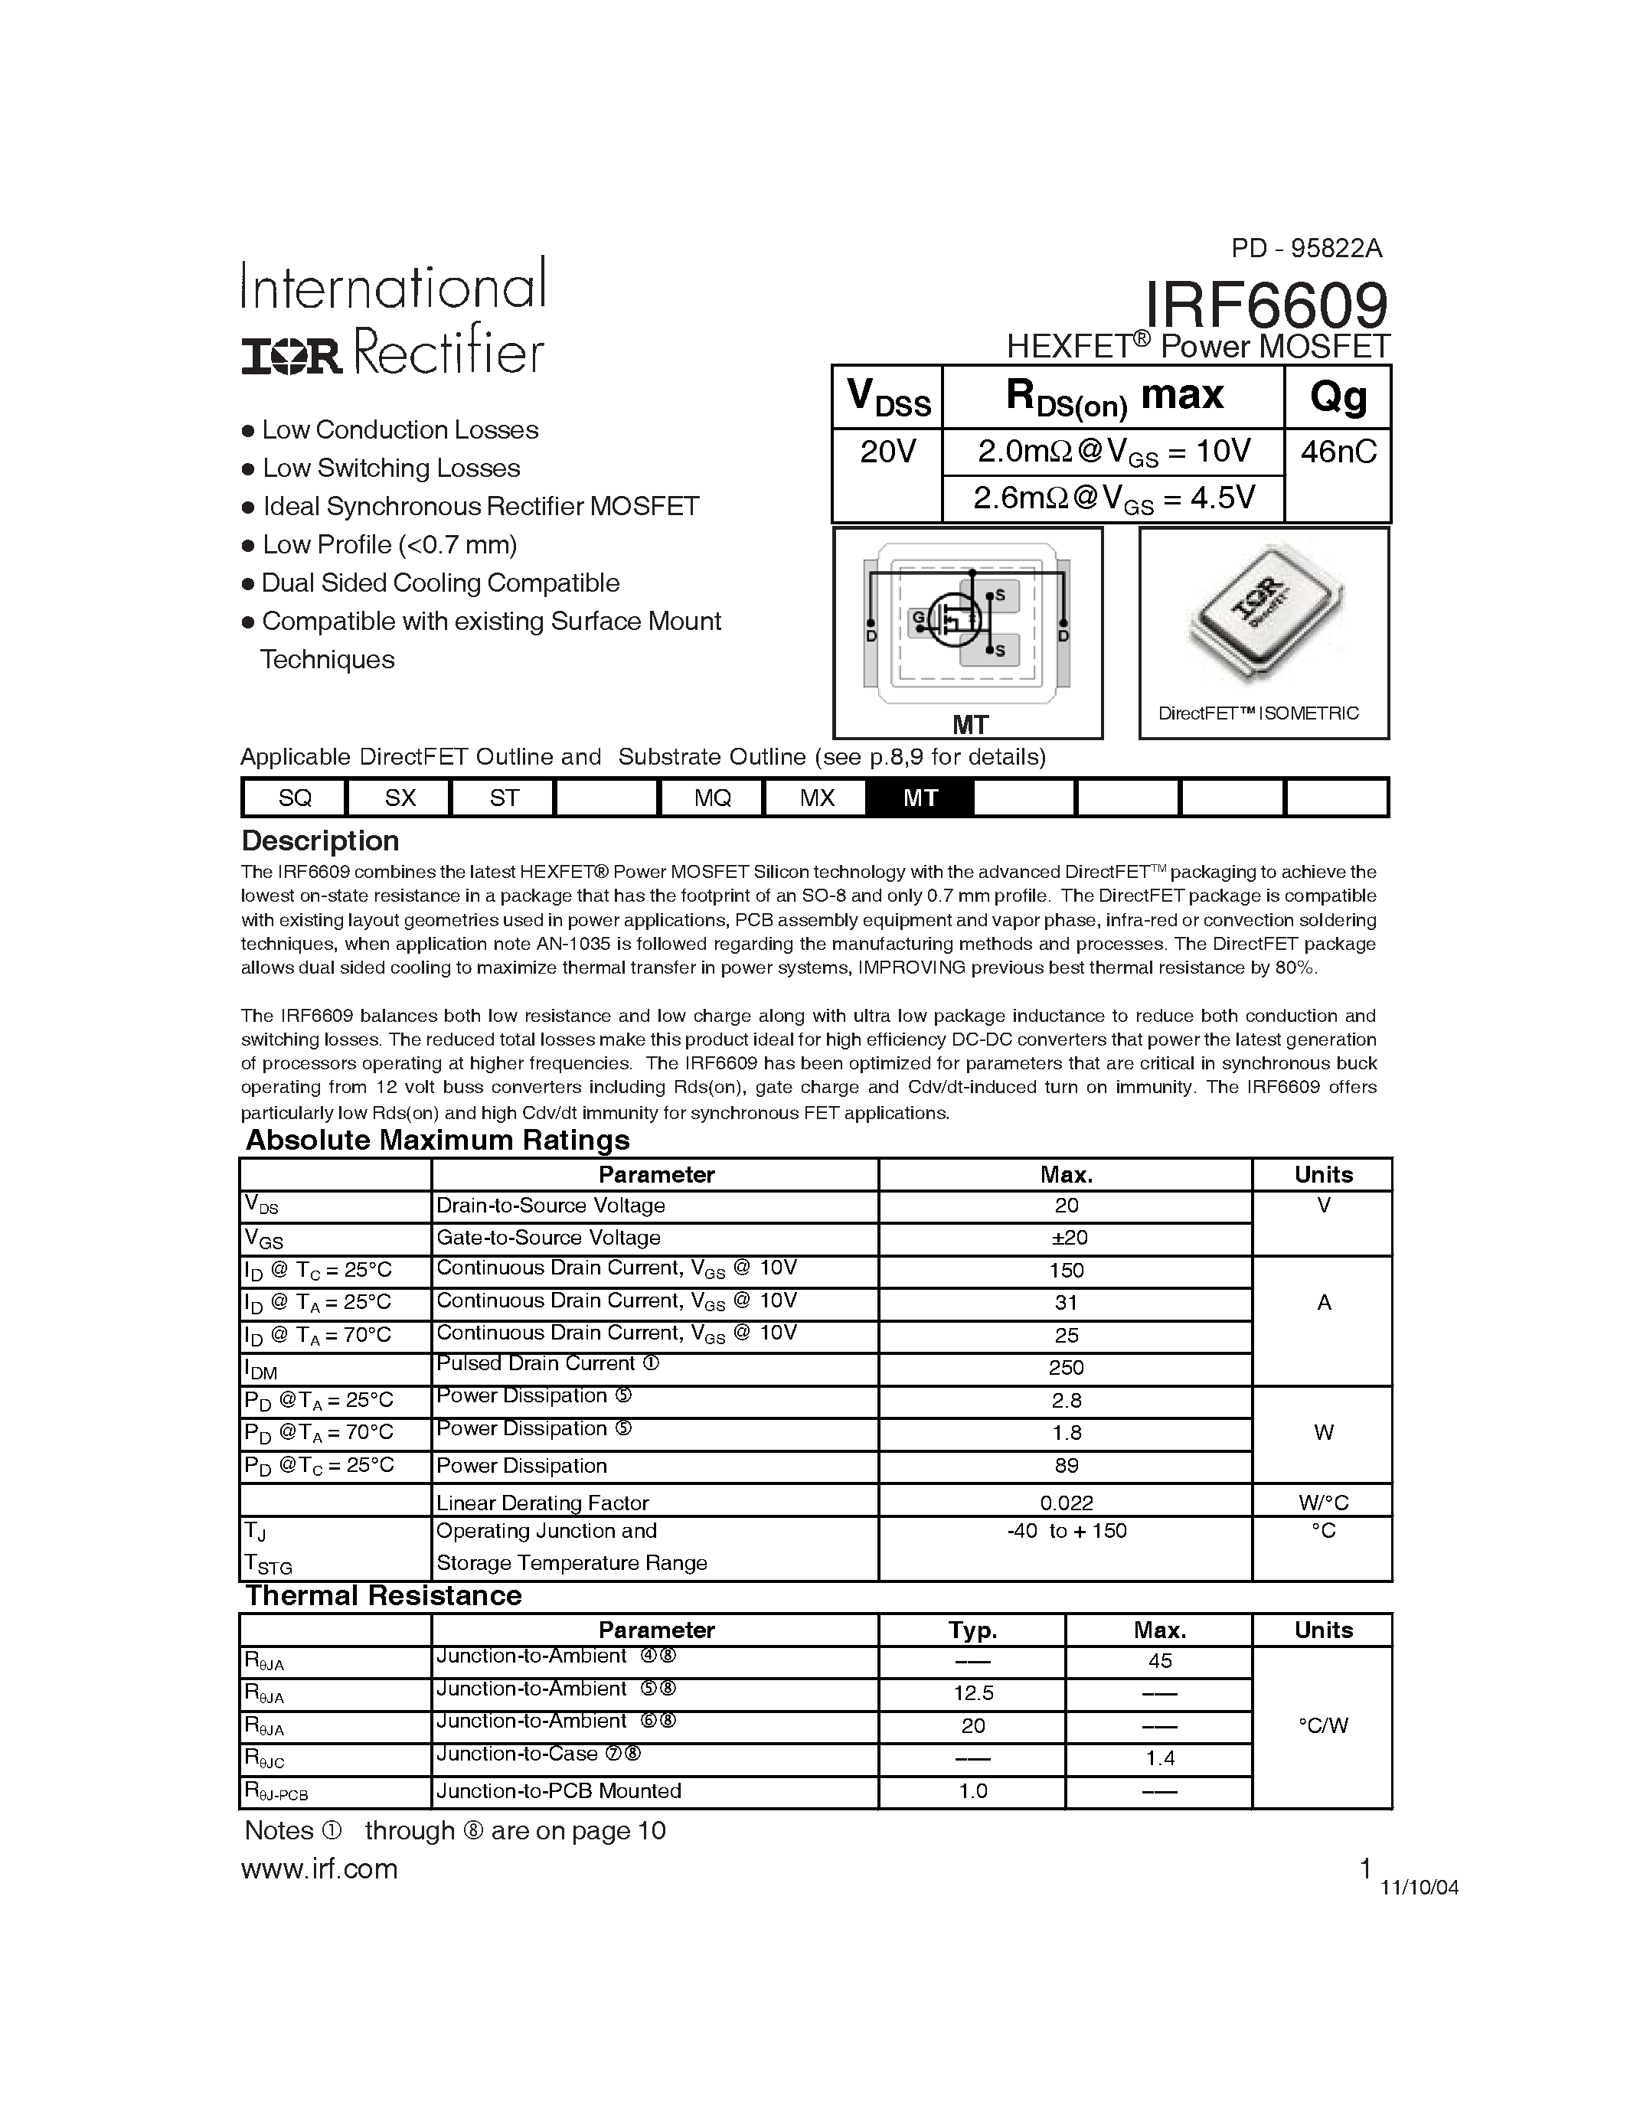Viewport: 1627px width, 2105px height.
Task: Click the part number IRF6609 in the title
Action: pyautogui.click(x=1265, y=306)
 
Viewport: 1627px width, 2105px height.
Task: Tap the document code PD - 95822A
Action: pyautogui.click(x=1306, y=249)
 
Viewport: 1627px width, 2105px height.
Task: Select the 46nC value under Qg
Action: pyautogui.click(x=1338, y=451)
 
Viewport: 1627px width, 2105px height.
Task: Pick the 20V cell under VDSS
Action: pyautogui.click(x=887, y=451)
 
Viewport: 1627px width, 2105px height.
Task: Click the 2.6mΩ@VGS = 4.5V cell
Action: pyautogui.click(x=1113, y=498)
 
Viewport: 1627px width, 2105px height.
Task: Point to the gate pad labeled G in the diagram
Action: pyautogui.click(x=919, y=618)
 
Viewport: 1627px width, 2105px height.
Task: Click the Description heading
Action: pyautogui.click(x=320, y=840)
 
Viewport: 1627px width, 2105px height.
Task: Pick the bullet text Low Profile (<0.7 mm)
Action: pyautogui.click(x=390, y=544)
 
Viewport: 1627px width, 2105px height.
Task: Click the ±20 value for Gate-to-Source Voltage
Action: pyautogui.click(x=1066, y=1238)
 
